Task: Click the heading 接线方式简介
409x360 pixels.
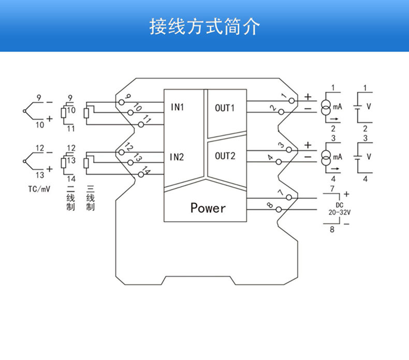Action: pos(204,26)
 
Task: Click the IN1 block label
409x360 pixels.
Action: pos(178,108)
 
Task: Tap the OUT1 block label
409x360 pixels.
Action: pos(225,108)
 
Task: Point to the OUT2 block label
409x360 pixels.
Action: pos(225,156)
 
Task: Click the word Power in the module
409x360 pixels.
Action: pos(208,208)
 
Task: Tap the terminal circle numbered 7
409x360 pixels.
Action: pos(292,198)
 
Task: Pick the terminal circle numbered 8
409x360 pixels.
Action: pos(280,209)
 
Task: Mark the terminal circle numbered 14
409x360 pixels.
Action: pos(141,175)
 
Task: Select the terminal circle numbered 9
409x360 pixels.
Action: pos(121,102)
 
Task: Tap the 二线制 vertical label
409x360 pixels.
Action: pos(71,197)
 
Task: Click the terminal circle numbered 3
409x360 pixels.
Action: pos(292,150)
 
